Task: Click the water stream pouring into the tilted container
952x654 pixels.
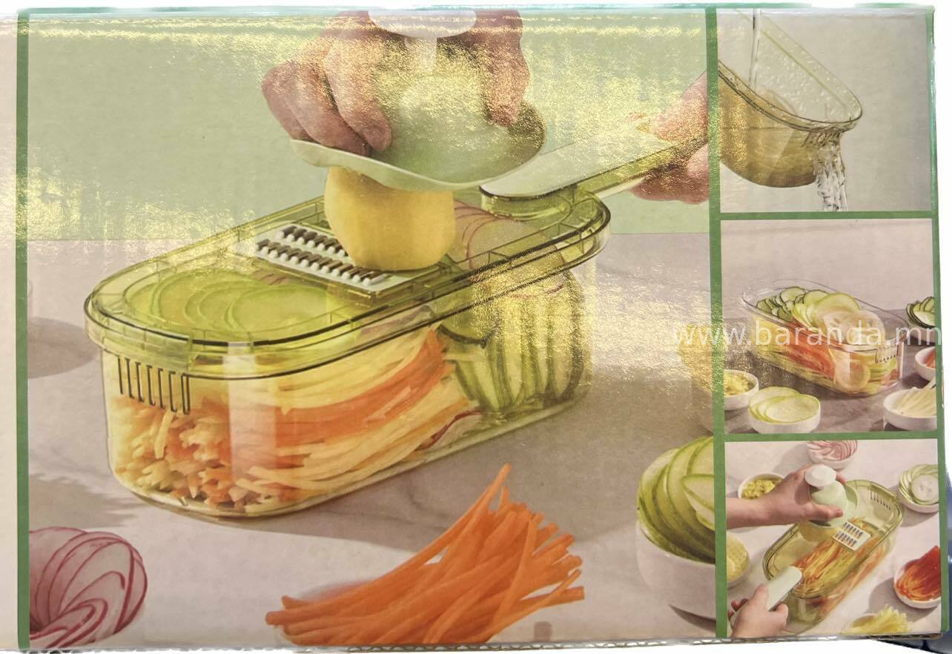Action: (754, 47)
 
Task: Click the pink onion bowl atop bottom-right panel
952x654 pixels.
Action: (832, 454)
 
